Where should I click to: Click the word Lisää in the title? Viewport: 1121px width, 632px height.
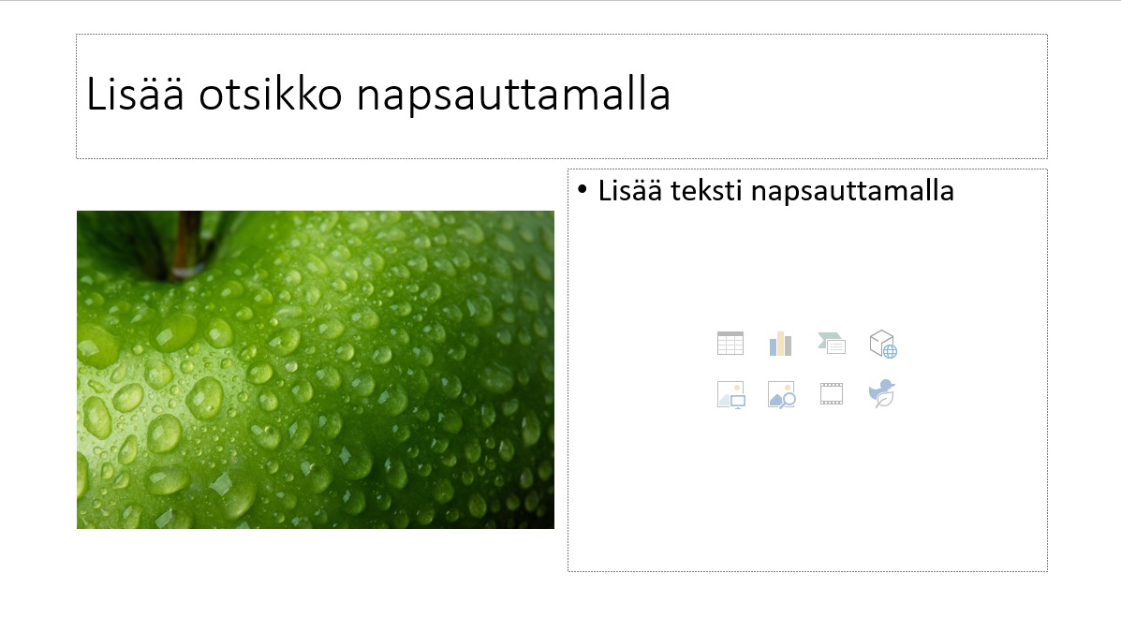(x=135, y=94)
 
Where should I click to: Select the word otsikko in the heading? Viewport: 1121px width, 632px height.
(x=271, y=94)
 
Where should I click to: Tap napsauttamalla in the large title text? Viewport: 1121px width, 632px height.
(x=513, y=96)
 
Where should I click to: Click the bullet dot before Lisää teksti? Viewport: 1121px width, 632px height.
(x=582, y=190)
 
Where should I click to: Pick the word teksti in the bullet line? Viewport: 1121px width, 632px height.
(x=705, y=191)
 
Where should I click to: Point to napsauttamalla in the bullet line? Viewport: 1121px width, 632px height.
(x=852, y=192)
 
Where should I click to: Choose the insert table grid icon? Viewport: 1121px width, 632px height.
(x=730, y=344)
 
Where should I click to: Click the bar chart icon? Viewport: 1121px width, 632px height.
(x=781, y=344)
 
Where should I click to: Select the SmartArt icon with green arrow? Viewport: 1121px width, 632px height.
(x=832, y=344)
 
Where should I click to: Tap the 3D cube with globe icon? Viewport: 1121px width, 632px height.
(x=883, y=344)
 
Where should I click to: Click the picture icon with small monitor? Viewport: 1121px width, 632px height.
(x=730, y=394)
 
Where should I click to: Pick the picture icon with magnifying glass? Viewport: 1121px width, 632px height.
(x=781, y=394)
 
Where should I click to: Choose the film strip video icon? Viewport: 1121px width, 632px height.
(x=832, y=394)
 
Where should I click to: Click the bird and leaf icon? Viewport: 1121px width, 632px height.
(x=882, y=394)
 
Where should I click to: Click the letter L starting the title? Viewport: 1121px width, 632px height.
(x=96, y=94)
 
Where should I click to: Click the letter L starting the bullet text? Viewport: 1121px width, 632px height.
(x=606, y=192)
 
